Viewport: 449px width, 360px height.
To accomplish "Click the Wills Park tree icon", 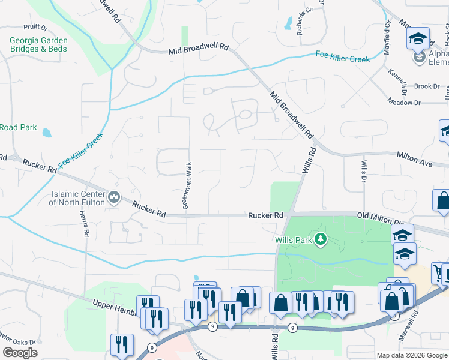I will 321,239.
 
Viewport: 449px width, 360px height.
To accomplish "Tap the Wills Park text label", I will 294,239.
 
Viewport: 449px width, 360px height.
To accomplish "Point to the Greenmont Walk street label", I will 187,185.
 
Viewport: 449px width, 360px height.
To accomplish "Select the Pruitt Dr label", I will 35,27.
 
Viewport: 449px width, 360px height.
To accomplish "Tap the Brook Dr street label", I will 427,86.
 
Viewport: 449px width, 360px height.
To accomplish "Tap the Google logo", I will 19,353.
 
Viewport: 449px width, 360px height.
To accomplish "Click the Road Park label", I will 19,128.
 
